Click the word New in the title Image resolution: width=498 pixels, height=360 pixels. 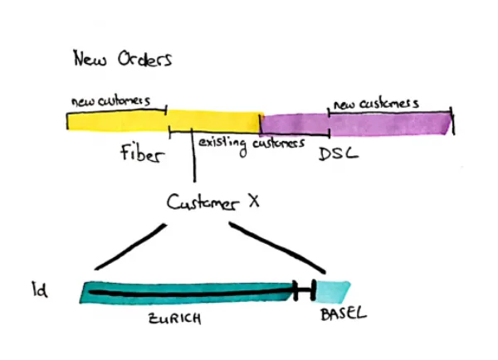click(89, 60)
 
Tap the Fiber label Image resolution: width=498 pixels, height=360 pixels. click(141, 155)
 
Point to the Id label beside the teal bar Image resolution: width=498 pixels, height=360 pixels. click(39, 290)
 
